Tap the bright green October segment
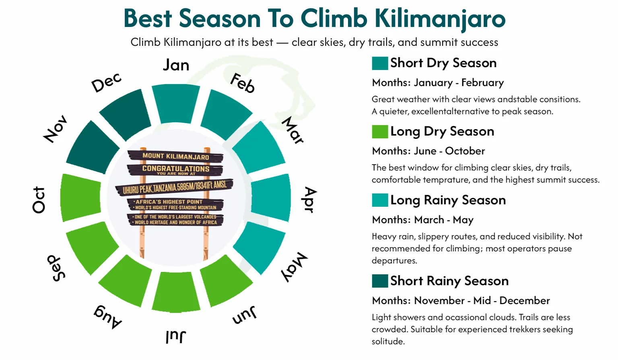tap(80, 197)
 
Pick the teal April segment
tap(271, 197)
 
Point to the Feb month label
tap(243, 83)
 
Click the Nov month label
tap(56, 129)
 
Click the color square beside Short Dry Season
tap(380, 63)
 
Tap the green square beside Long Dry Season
tap(380, 132)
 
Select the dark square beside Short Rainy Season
tap(380, 281)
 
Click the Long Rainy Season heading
tap(448, 200)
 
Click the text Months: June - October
tap(428, 151)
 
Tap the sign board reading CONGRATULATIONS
tap(175, 169)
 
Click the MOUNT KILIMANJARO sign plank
tap(175, 156)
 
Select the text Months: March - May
tap(422, 220)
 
